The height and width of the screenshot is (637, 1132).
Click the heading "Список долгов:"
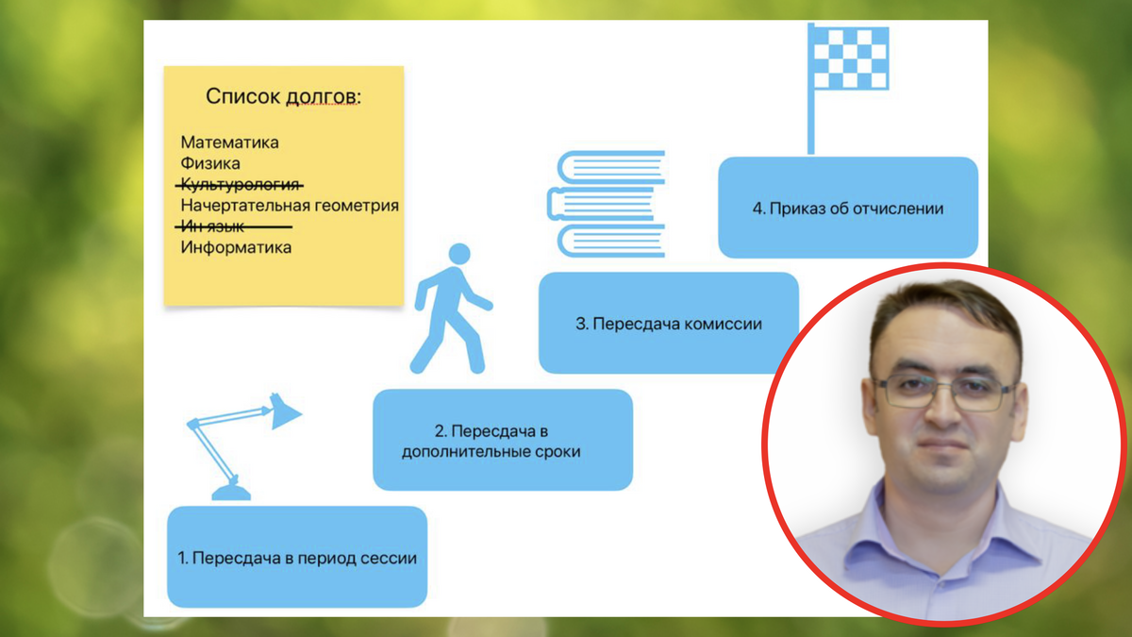pyautogui.click(x=283, y=96)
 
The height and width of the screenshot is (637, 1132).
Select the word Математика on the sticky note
pyautogui.click(x=229, y=143)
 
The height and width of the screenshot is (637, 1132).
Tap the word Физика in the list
pyautogui.click(x=209, y=164)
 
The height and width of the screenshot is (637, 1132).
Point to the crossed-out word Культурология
pyautogui.click(x=241, y=184)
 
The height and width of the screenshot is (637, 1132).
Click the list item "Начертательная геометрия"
pyautogui.click(x=289, y=206)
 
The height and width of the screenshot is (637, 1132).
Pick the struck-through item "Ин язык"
pyautogui.click(x=213, y=226)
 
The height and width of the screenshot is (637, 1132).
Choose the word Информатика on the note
pyautogui.click(x=236, y=248)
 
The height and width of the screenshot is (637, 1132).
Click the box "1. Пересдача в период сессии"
pyautogui.click(x=297, y=557)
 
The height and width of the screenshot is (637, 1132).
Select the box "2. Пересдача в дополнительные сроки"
pyautogui.click(x=503, y=441)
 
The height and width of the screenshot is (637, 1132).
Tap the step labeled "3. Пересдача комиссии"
pyautogui.click(x=668, y=324)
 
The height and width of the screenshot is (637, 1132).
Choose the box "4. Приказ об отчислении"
pyautogui.click(x=847, y=208)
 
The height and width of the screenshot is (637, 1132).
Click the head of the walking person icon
pyautogui.click(x=458, y=255)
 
